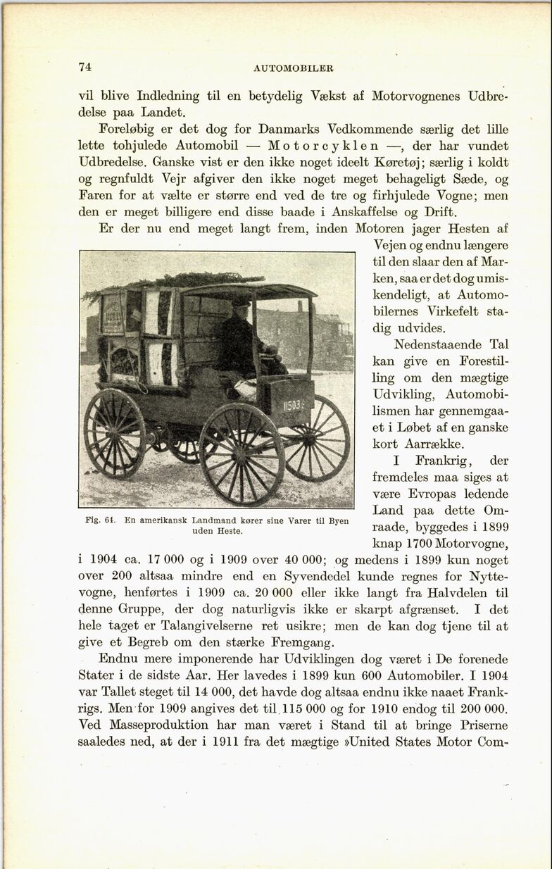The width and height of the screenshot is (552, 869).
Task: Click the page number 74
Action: [84, 68]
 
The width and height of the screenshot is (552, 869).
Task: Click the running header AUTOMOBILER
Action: [294, 68]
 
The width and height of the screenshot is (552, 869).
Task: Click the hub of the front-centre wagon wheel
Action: [241, 454]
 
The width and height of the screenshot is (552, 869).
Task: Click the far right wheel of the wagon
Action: [316, 438]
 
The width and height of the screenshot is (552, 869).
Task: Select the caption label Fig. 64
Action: [99, 520]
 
